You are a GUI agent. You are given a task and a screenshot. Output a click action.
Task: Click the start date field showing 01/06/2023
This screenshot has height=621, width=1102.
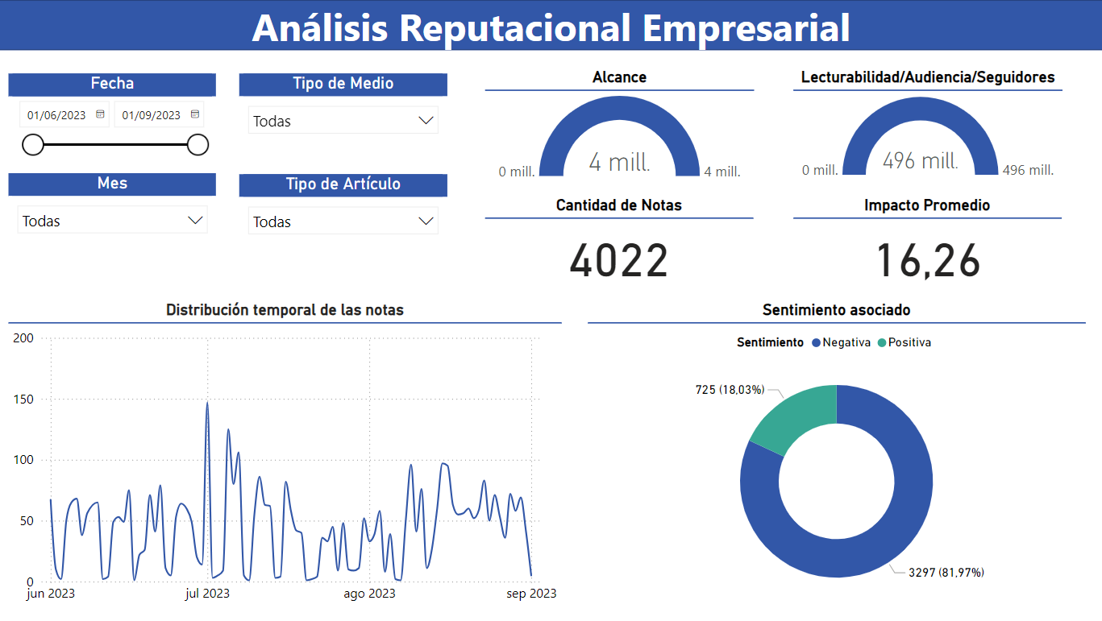[56, 115]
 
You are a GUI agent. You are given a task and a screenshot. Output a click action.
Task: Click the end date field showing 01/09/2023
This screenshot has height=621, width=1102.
[152, 115]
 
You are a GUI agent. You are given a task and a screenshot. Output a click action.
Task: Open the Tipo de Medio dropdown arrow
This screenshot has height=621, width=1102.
[426, 121]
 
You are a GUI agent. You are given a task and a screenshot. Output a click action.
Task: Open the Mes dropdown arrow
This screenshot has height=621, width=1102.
[195, 221]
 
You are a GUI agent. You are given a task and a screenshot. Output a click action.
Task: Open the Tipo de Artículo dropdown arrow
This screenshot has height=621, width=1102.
[426, 221]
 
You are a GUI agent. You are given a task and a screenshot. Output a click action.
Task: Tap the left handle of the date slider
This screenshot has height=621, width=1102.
[33, 145]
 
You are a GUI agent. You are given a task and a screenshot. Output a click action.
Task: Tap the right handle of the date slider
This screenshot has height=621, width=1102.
[198, 145]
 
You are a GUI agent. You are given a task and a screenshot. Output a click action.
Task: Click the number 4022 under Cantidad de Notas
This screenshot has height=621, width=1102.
[619, 261]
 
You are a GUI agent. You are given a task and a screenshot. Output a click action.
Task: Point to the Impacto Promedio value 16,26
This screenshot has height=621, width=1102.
[928, 261]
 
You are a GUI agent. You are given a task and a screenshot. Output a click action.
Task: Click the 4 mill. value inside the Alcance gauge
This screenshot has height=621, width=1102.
[619, 162]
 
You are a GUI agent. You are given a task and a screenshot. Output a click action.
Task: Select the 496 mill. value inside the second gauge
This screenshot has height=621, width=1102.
[920, 160]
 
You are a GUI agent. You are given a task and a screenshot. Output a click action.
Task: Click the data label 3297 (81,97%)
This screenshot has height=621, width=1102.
[946, 573]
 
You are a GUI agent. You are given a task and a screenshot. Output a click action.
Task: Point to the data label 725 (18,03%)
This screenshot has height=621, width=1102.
[730, 390]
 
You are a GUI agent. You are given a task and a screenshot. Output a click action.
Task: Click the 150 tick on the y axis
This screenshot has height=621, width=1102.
[23, 400]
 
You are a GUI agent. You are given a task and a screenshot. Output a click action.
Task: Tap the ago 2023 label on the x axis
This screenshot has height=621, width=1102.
[369, 594]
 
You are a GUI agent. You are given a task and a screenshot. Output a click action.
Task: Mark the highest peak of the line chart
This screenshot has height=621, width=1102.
[207, 403]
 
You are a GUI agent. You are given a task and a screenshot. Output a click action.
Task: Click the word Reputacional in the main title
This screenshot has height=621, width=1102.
[514, 27]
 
